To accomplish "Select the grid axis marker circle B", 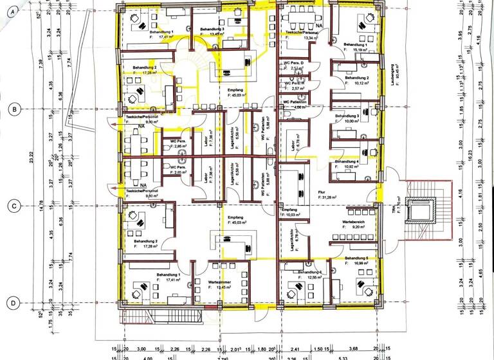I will (14, 109).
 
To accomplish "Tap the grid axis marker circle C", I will (14, 206).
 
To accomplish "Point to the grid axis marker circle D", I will (14, 302).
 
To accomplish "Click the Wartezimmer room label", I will (220, 282).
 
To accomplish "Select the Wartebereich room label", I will (354, 222).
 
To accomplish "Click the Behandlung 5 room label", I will (356, 258).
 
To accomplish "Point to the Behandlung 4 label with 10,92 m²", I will (346, 162).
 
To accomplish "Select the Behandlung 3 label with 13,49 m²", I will (212, 30).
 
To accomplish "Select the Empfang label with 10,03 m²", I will (289, 210).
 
